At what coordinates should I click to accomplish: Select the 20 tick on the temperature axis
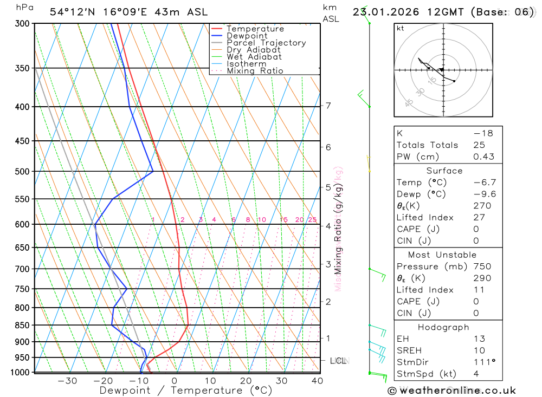[x=246, y=381]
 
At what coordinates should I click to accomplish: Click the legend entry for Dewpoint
[x=247, y=36]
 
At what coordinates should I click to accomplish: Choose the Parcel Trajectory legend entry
[x=266, y=43]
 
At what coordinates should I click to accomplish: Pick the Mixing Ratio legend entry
[x=255, y=71]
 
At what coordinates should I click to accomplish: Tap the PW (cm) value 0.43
[x=484, y=157]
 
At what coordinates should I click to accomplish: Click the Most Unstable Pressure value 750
[x=482, y=266]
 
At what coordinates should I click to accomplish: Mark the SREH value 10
[x=479, y=350]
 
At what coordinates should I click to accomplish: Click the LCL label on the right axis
[x=338, y=361]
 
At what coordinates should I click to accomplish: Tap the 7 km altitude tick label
[x=328, y=106]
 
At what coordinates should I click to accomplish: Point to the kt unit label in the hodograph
[x=401, y=29]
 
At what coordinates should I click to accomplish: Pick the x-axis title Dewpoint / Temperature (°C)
[x=186, y=391]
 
